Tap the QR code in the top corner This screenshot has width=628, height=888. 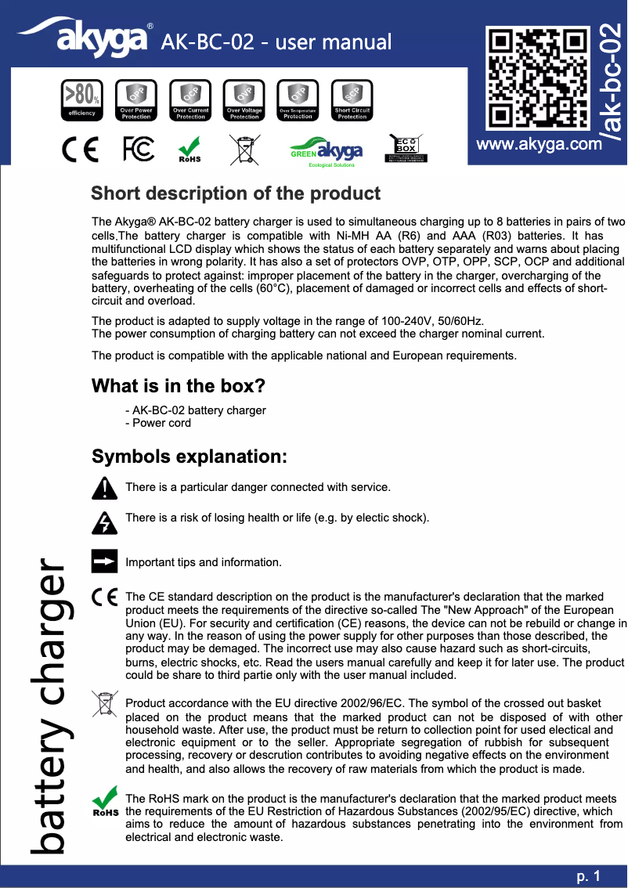[537, 79]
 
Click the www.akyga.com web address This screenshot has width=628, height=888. [540, 145]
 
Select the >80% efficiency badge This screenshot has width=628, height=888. [81, 101]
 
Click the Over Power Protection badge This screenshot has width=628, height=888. [135, 101]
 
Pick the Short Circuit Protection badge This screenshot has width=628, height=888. [352, 101]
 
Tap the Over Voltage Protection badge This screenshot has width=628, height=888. [244, 101]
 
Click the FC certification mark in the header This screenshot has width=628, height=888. [139, 150]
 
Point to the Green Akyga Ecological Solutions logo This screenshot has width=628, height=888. [327, 152]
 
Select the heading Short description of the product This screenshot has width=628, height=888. [236, 193]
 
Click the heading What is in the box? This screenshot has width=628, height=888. [178, 386]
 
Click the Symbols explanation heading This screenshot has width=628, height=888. [189, 457]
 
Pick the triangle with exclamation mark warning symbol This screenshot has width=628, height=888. [104, 488]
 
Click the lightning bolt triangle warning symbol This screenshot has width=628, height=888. [104, 521]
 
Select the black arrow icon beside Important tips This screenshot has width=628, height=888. [104, 561]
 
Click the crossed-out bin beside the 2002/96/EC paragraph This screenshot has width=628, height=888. [103, 704]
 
